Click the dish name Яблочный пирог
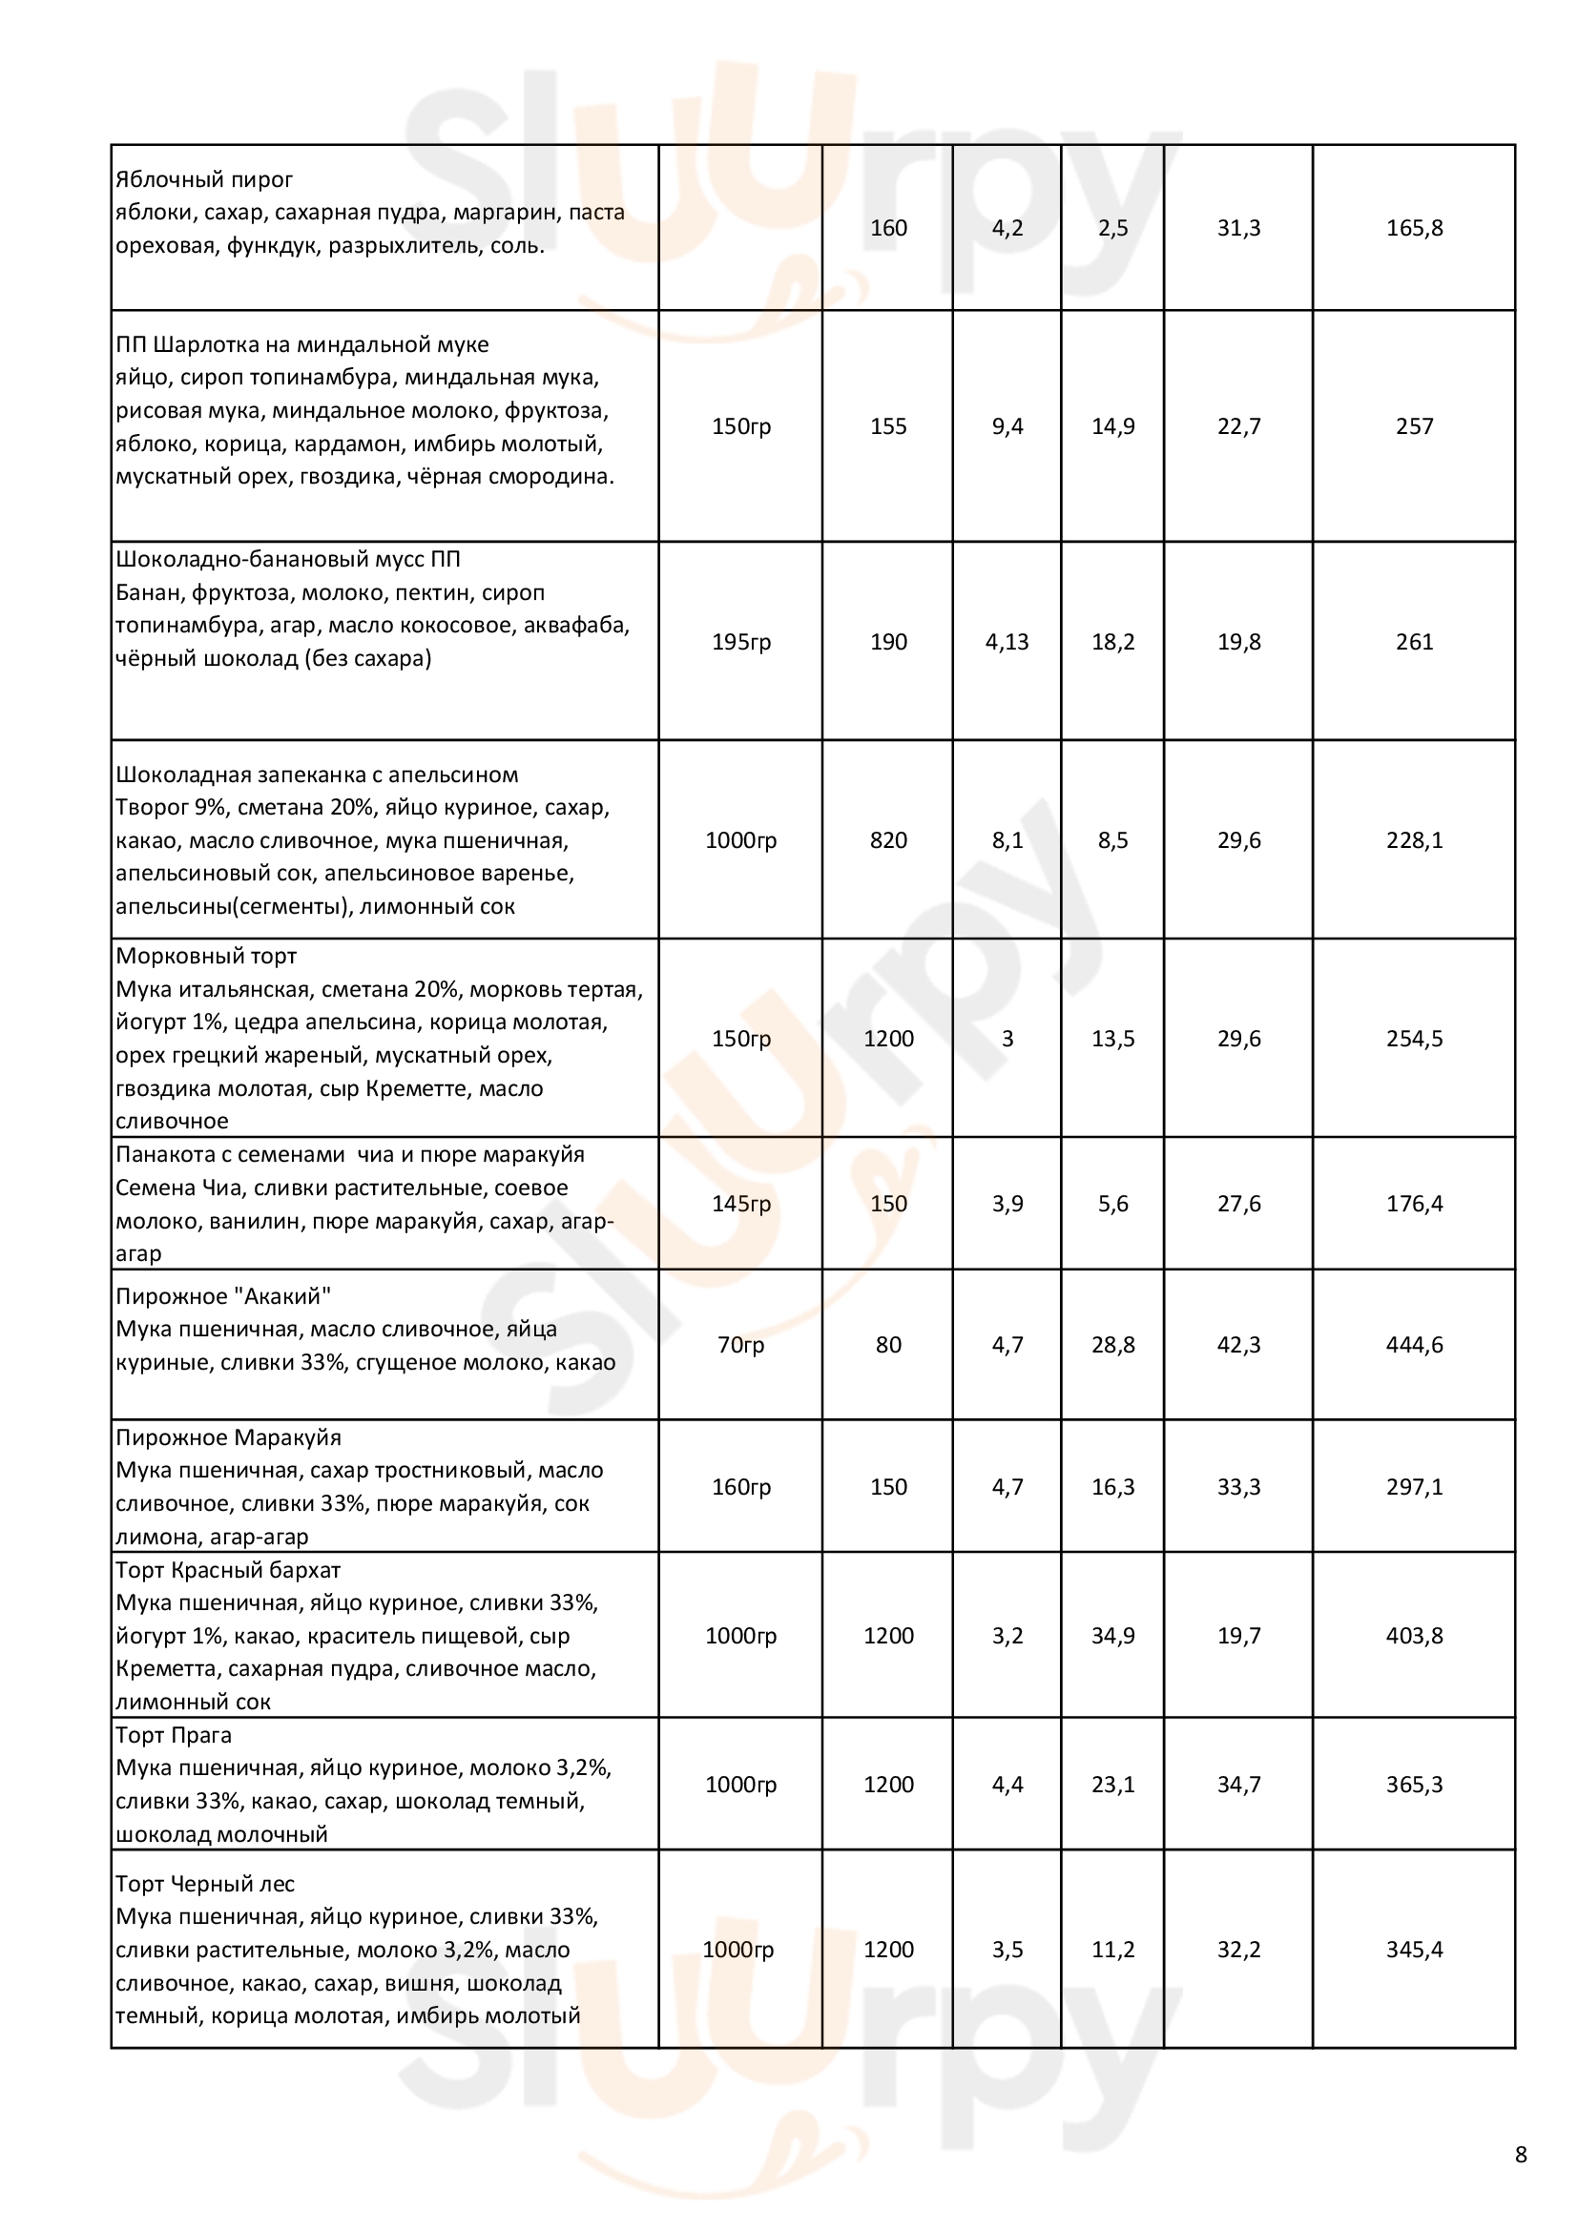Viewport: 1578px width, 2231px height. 204,179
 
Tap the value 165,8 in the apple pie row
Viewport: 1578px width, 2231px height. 1414,228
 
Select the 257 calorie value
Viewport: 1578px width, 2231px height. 1414,426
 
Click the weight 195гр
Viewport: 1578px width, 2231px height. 740,642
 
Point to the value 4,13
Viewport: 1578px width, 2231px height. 1007,642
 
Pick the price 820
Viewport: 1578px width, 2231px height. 888,840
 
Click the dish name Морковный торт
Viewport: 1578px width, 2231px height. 206,956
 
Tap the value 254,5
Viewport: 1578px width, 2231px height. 1414,1039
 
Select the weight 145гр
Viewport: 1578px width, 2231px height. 740,1204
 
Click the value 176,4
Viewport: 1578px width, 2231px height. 1414,1204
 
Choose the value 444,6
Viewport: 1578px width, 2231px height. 1414,1345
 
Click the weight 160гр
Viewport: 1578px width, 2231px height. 740,1487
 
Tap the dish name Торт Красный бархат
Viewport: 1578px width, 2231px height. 227,1570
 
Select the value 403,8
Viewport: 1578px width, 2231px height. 1414,1636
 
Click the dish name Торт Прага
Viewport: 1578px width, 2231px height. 173,1735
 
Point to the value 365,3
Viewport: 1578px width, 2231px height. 1414,1784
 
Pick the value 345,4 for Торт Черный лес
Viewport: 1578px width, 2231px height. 1414,1950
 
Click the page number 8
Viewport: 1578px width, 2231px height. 1521,2156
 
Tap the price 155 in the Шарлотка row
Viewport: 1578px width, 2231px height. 888,426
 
